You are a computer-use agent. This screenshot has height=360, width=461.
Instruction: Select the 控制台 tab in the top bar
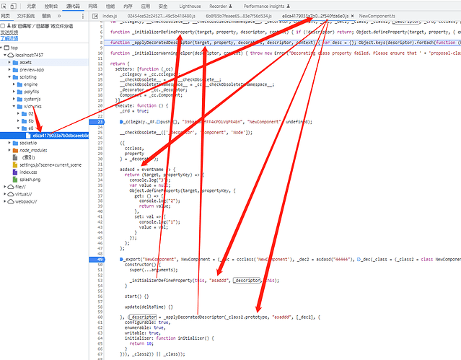point(51,5)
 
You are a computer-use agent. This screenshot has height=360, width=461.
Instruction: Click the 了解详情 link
point(9,39)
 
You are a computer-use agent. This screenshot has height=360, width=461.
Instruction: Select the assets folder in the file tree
point(25,62)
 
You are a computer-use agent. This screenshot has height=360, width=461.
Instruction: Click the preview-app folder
point(31,69)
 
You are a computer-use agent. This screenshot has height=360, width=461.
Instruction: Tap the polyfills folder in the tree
point(31,92)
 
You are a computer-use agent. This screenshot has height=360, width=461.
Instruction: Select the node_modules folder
point(32,150)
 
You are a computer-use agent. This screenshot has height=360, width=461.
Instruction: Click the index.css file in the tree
point(28,172)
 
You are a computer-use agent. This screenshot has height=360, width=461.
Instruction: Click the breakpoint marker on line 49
point(102,258)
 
